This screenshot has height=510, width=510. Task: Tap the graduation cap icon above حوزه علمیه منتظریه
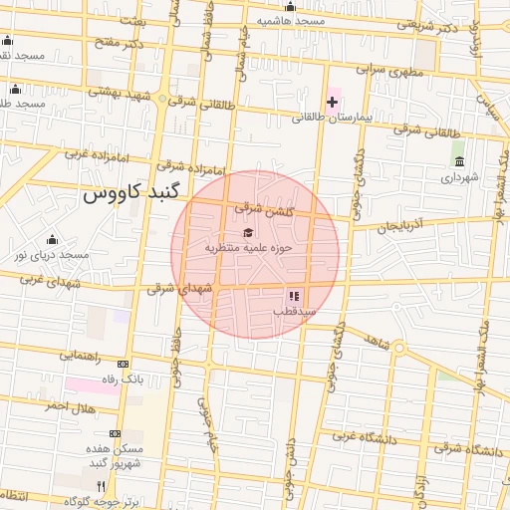pos(247,233)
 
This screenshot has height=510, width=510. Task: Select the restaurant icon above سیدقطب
pos(294,296)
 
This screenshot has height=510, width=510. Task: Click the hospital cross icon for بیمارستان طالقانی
pos(332,102)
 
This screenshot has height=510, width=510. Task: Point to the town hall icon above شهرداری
pos(458,161)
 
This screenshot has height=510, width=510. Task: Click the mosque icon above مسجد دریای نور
pos(52,240)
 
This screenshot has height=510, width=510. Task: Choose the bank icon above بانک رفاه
pos(123,365)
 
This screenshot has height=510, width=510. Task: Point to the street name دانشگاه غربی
pos(356,436)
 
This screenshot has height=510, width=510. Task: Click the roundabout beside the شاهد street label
pos(398,349)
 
